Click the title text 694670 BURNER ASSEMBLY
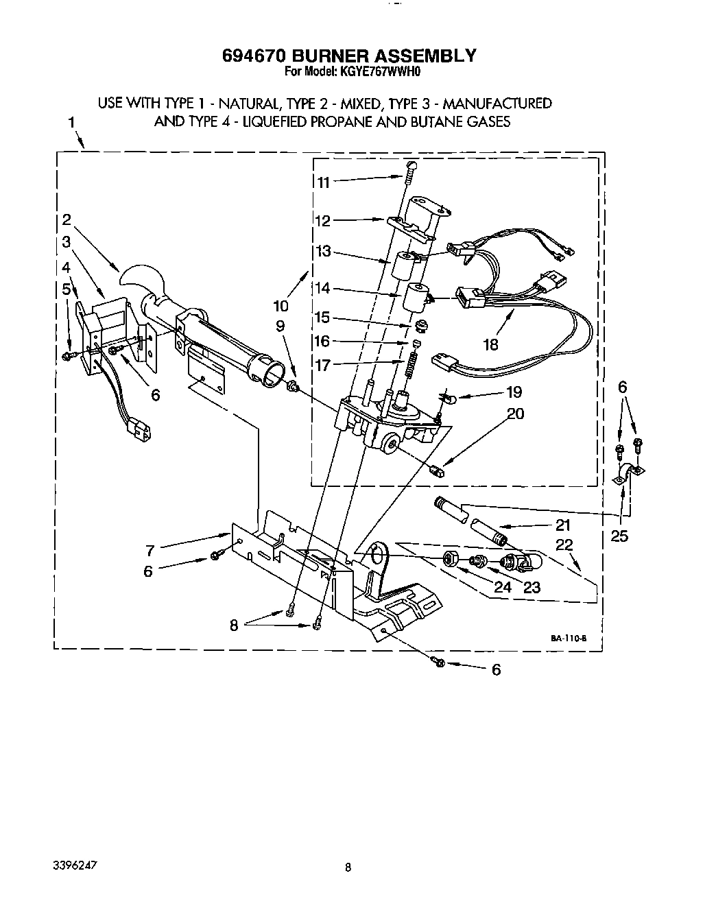tap(348, 55)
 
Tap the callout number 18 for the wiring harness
tap(491, 344)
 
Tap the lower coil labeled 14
tap(416, 296)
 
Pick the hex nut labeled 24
tap(451, 558)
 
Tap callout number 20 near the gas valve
tap(515, 414)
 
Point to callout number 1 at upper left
tap(71, 123)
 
